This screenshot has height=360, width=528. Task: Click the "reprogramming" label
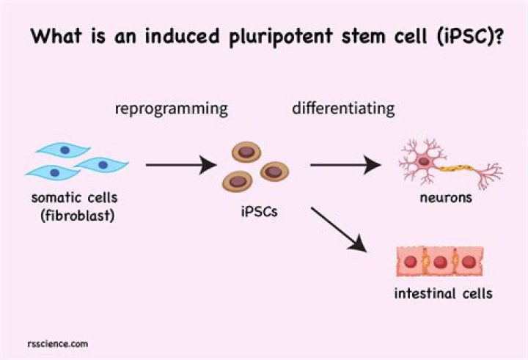[171, 109]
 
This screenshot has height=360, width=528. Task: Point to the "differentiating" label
[344, 109]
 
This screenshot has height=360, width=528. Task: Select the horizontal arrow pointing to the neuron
[345, 165]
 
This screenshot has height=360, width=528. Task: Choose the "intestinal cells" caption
[441, 295]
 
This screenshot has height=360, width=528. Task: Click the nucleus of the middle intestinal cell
[440, 262]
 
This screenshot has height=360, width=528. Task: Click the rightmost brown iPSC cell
[274, 172]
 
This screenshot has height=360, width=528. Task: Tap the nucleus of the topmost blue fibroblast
[64, 150]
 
